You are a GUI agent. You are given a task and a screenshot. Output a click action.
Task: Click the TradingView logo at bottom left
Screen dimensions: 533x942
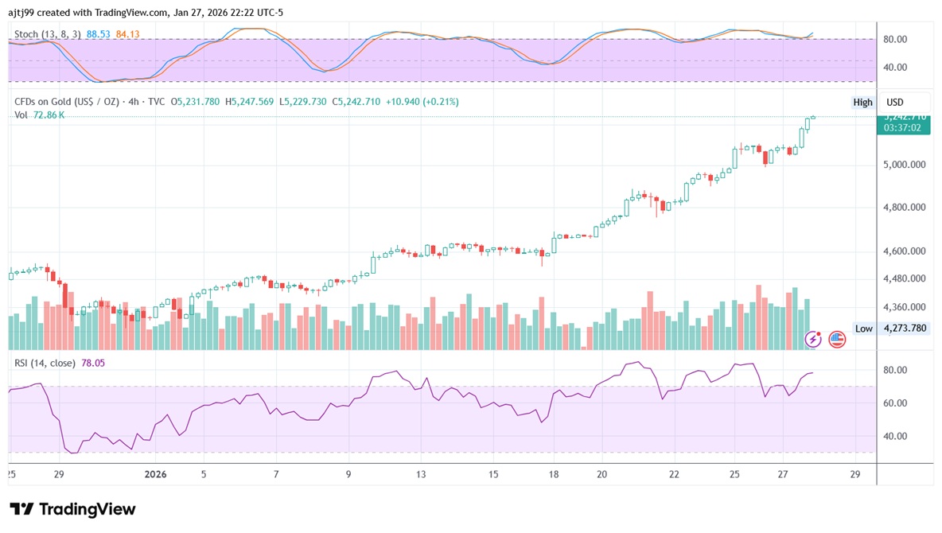tap(72, 509)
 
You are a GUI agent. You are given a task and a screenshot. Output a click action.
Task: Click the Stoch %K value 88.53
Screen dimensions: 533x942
tap(98, 34)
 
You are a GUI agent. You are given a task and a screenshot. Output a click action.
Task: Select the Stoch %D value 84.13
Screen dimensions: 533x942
tap(127, 34)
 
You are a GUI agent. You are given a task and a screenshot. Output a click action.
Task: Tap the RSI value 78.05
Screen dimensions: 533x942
tap(92, 363)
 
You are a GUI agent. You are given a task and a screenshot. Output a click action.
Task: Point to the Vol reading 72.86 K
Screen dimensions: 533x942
tap(49, 115)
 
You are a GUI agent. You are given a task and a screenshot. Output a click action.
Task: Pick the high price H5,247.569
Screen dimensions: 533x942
tap(249, 102)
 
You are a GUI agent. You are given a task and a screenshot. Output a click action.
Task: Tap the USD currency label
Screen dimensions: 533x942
tap(895, 102)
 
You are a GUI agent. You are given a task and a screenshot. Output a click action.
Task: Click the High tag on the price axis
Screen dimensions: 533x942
tap(862, 102)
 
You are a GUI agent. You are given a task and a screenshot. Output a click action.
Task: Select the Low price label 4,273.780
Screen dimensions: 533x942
tap(905, 328)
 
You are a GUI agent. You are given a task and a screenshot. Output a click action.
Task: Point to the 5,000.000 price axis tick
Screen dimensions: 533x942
tap(905, 165)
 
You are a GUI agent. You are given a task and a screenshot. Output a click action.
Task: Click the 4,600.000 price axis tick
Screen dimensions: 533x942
tap(905, 251)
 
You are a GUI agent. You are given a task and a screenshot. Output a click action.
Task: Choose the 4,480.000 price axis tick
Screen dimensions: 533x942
tap(905, 278)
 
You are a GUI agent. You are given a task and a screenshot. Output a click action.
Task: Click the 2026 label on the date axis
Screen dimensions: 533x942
tap(156, 474)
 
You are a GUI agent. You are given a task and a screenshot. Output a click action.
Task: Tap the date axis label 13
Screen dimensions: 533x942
tap(420, 474)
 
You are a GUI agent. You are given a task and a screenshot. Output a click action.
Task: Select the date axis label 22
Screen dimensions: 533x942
tap(674, 474)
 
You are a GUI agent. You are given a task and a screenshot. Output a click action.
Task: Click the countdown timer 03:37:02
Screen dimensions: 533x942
tap(903, 127)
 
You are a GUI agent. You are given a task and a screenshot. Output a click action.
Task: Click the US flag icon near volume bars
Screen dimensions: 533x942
tap(837, 340)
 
